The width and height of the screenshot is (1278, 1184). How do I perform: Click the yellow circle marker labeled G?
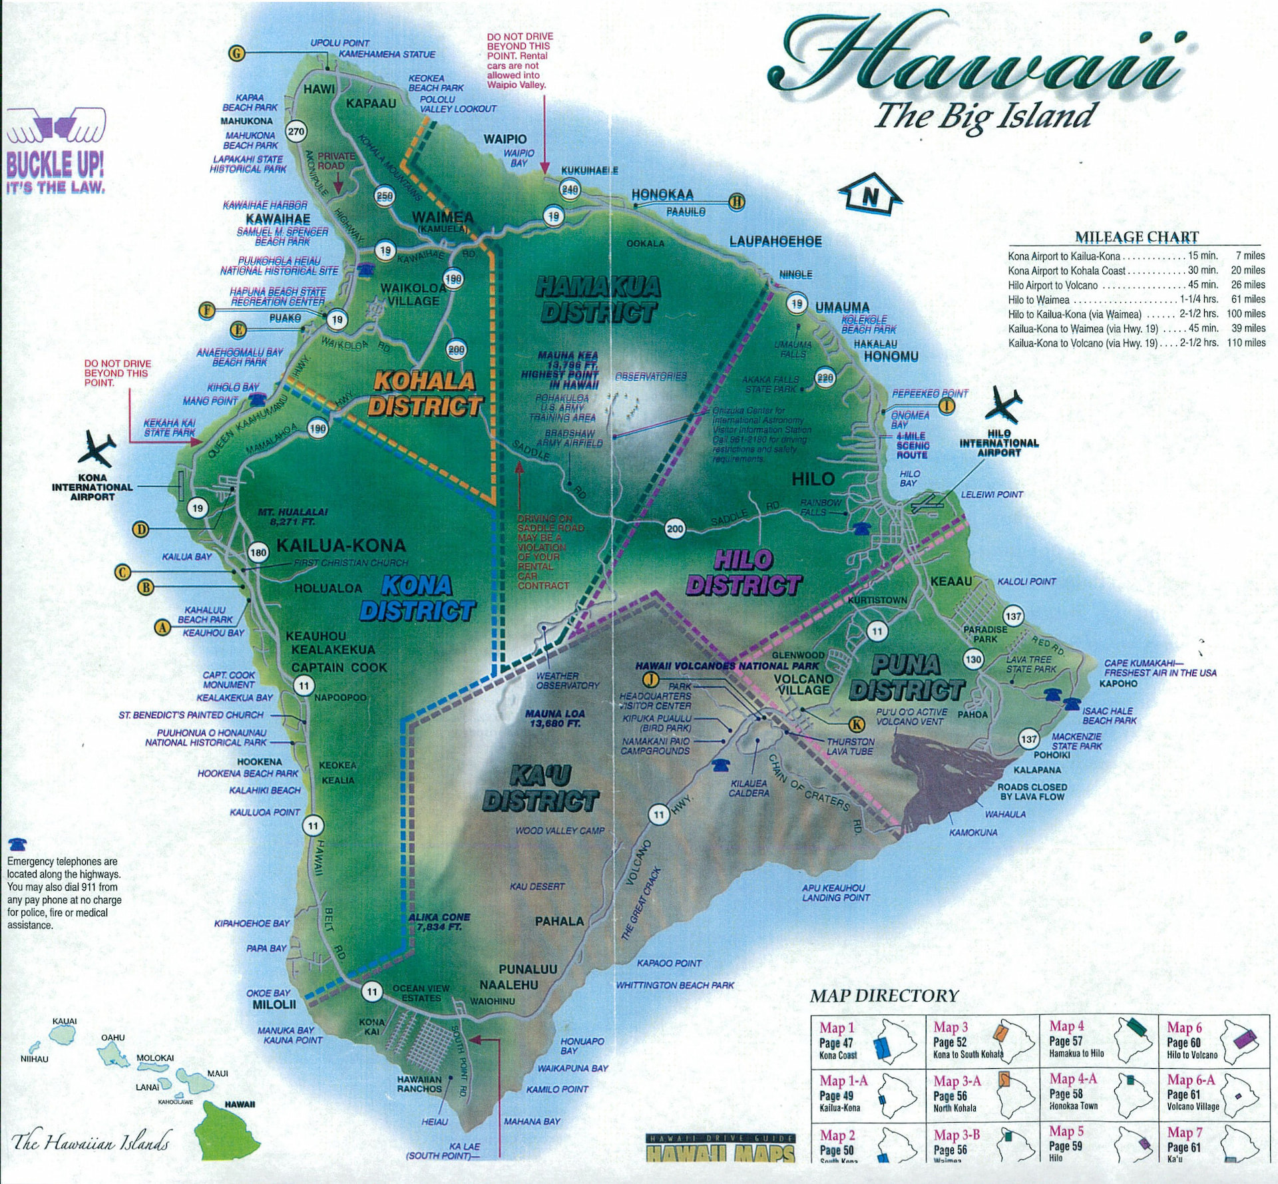[236, 53]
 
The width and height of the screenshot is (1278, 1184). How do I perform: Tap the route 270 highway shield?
[296, 132]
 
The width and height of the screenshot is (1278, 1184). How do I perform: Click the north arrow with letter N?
[870, 195]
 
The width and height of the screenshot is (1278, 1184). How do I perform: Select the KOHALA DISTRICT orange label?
[425, 393]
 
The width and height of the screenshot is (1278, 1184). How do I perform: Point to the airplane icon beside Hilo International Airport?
[1003, 404]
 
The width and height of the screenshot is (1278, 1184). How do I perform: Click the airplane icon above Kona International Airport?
[97, 449]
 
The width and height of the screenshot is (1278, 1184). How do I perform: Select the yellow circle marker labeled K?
[857, 724]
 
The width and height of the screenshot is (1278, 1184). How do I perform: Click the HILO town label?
[813, 479]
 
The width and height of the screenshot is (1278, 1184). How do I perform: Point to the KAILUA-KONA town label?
[341, 546]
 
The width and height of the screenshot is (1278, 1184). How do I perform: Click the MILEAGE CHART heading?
[1136, 237]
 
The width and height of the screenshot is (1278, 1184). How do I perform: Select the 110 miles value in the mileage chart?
[1246, 343]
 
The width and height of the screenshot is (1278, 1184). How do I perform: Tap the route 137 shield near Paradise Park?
[1013, 616]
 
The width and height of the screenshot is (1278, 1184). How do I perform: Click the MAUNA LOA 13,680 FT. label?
[554, 718]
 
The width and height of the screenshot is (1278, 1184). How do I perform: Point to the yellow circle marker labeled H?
[737, 202]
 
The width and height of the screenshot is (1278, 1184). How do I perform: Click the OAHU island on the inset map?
[114, 1054]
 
